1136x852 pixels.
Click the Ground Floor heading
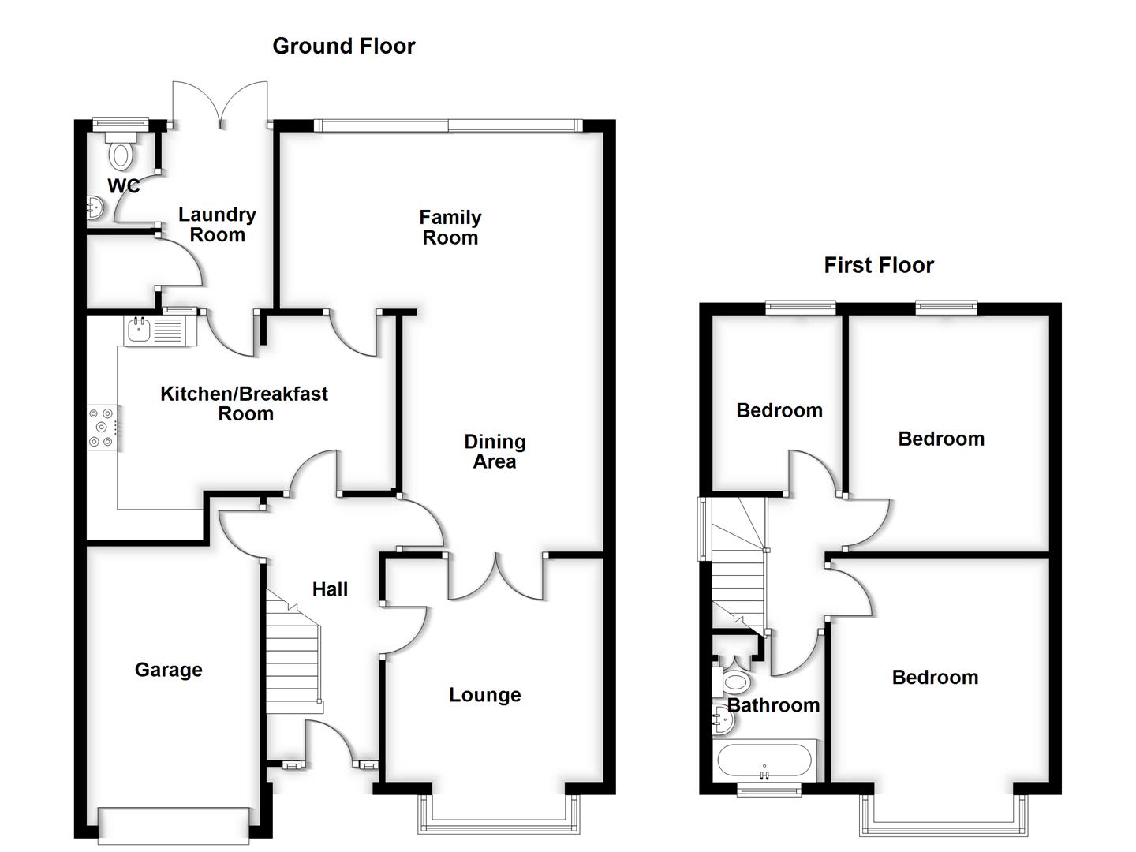343,46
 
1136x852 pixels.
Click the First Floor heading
878,265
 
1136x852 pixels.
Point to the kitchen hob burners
103,428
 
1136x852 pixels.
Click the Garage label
168,670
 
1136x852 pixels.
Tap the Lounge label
484,695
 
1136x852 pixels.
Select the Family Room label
450,227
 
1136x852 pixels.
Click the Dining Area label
495,451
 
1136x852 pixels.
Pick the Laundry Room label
217,225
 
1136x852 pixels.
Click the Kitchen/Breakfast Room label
245,403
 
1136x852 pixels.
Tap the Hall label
330,589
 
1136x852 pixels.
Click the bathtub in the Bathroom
764,762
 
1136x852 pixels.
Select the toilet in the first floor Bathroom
735,682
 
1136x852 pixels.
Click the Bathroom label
773,705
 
